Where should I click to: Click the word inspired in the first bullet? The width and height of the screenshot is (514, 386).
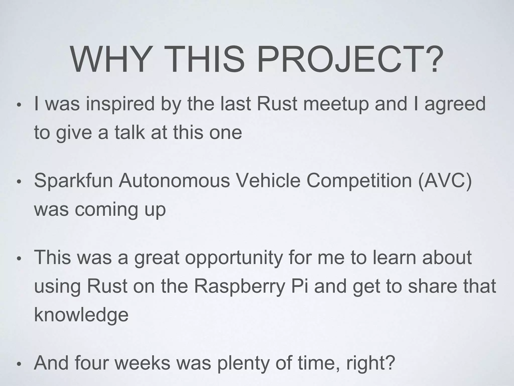pos(120,104)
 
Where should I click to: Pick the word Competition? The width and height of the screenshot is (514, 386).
pos(359,181)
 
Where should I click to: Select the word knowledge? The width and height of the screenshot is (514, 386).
pos(81,315)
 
